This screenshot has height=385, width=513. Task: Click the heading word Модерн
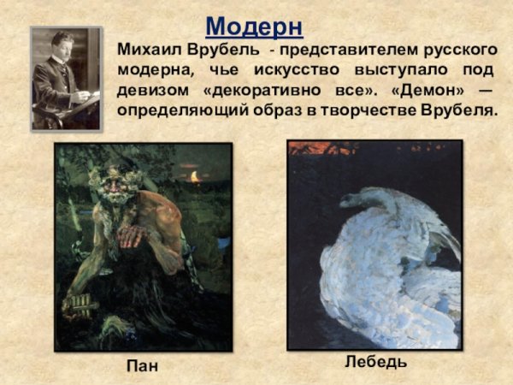tap(254, 25)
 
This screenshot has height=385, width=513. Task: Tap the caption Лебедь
tap(375, 362)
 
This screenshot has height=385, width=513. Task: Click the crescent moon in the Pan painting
tap(196, 176)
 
